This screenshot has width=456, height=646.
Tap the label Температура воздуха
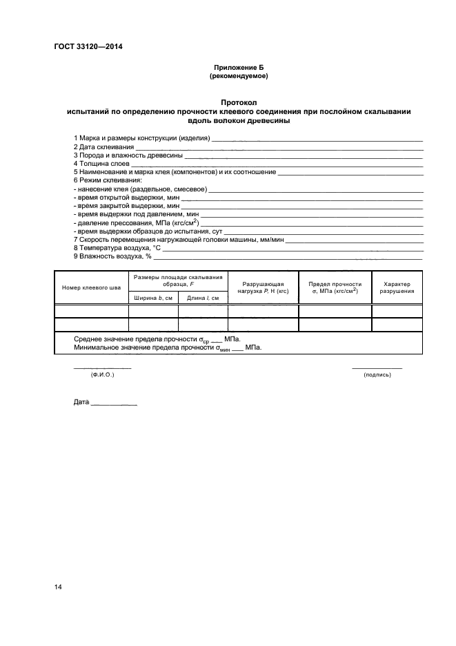117,247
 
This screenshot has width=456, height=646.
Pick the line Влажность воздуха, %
112,256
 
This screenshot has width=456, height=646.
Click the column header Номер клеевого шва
91,287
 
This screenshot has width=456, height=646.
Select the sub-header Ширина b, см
153,298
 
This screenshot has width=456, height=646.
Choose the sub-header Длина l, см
203,298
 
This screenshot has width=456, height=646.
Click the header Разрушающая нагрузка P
262,287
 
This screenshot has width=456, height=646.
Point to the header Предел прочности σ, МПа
335,287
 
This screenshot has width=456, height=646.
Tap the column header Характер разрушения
397,287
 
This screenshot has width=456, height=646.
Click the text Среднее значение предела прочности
135,339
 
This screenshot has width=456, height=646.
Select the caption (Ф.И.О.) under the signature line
102,374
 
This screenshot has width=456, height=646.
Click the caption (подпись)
377,374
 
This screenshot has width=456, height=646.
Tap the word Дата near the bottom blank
81,401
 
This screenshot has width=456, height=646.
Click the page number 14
58,587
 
